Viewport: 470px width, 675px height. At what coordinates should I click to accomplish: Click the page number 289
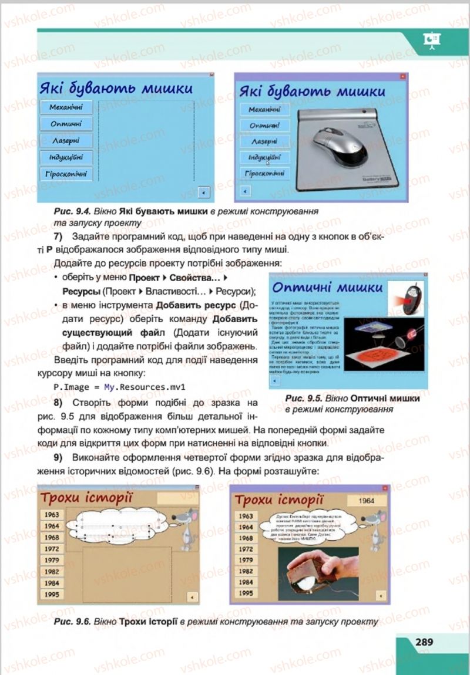click(x=424, y=642)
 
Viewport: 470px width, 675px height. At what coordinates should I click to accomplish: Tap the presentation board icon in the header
click(x=432, y=39)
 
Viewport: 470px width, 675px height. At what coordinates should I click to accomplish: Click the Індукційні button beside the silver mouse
click(x=264, y=157)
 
